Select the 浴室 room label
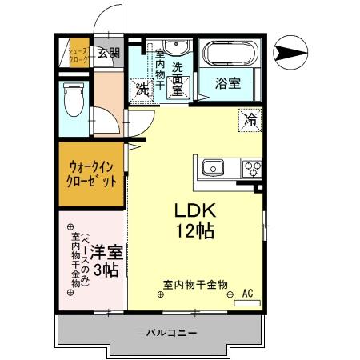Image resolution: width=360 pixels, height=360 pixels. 227,82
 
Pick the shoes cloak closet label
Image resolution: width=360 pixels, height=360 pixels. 76,54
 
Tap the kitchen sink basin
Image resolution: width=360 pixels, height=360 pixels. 213,167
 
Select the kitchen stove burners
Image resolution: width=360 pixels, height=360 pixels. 252,168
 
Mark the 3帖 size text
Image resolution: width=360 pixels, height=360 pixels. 105,270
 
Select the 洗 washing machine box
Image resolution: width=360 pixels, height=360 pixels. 141,89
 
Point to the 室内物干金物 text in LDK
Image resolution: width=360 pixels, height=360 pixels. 195,284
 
